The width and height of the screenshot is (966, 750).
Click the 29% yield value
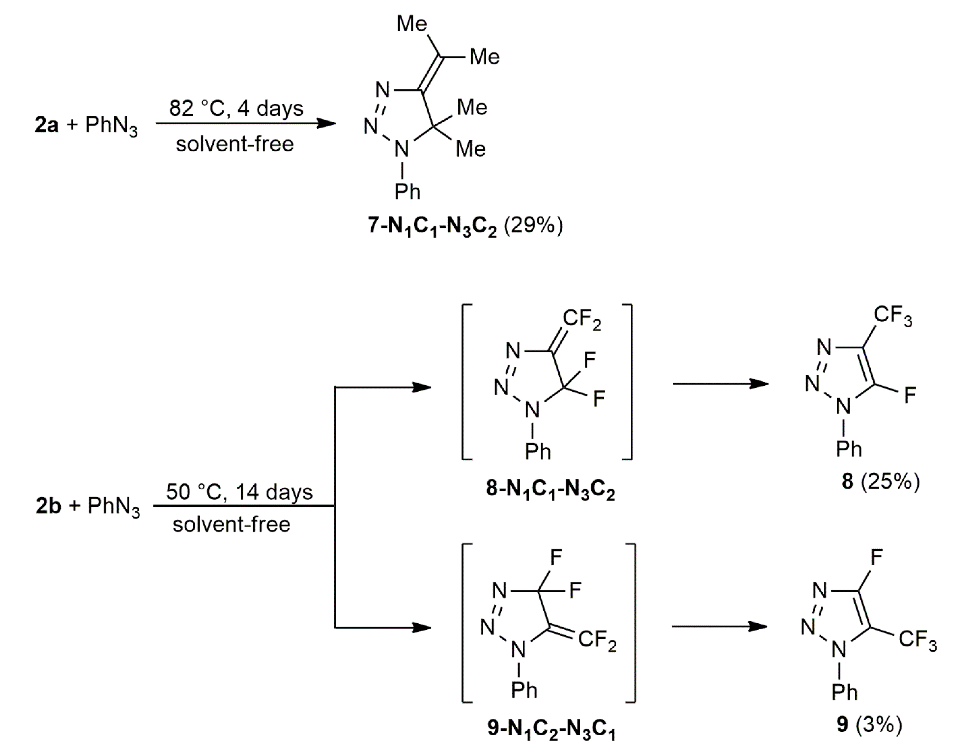tap(533, 226)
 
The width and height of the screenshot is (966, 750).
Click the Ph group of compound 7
tap(407, 192)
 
